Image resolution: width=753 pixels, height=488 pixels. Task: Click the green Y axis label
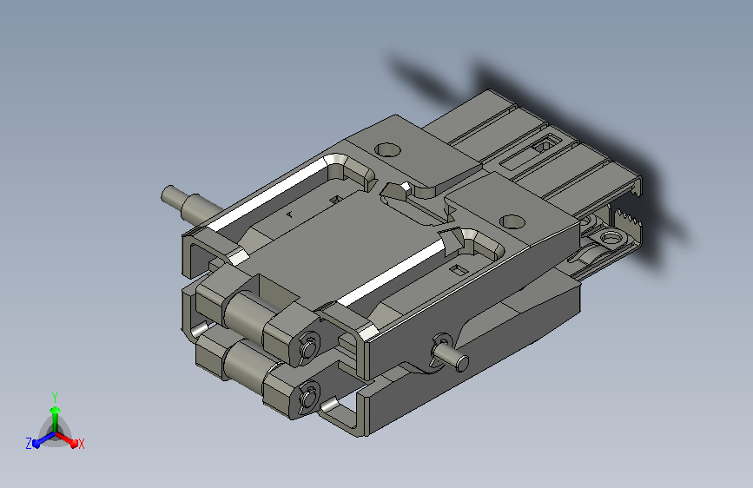coord(55,397)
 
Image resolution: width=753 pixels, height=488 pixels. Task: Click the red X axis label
coord(81,444)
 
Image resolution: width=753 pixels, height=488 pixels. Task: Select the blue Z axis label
coord(29,444)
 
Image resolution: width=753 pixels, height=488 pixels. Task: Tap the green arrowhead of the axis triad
coord(56,410)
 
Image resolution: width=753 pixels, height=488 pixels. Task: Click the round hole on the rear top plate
coord(387,150)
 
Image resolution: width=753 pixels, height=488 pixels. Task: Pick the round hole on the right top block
coord(512,221)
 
